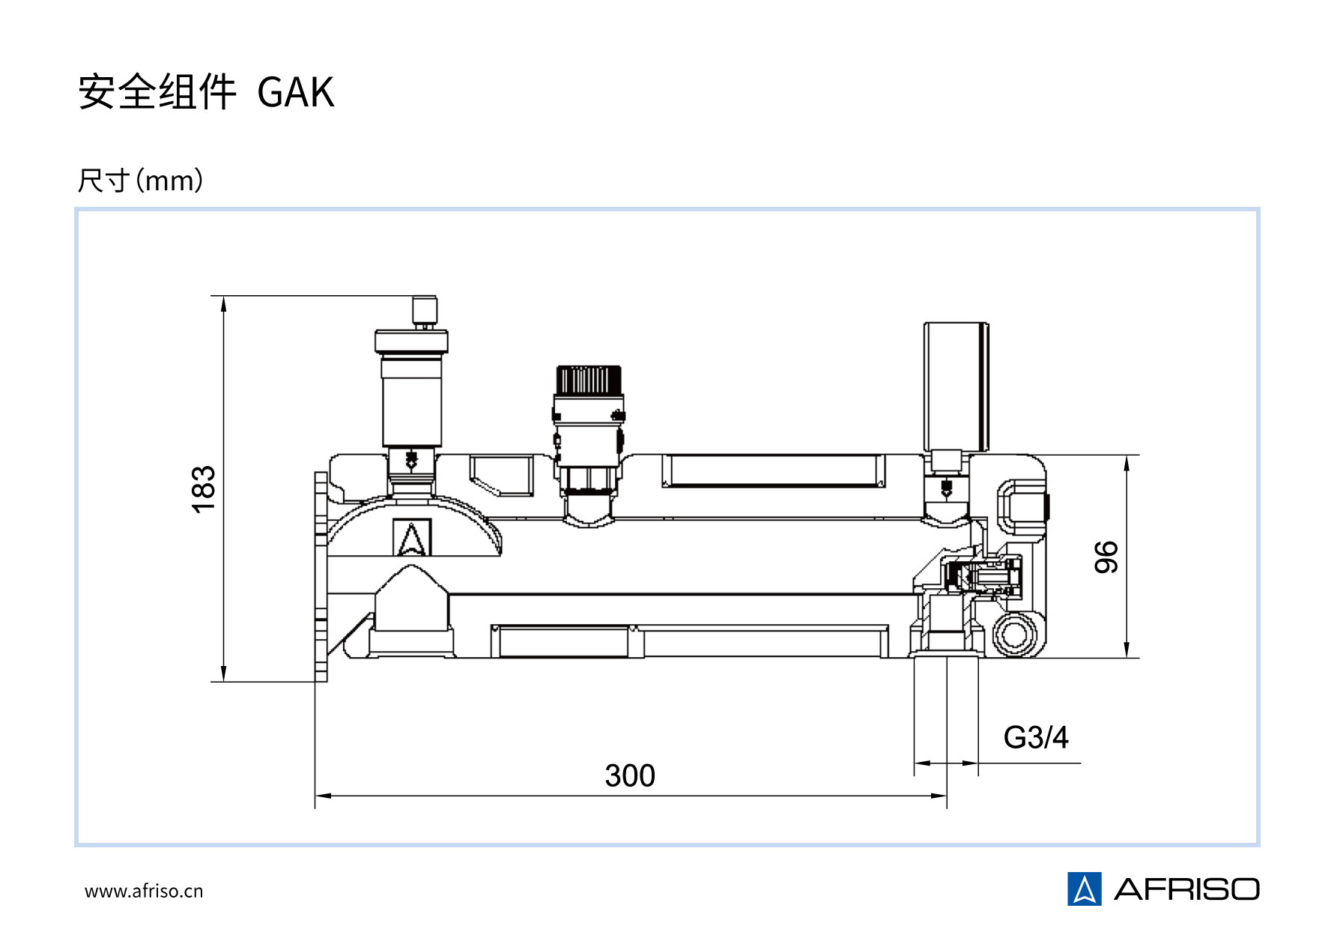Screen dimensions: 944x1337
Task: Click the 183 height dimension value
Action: point(204,489)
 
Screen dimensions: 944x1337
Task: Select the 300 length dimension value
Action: point(630,776)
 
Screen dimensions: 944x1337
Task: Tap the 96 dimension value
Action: point(1106,557)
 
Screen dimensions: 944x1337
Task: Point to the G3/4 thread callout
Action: point(1036,738)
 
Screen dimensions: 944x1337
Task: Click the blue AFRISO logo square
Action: point(1084,889)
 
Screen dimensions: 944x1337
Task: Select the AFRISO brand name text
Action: point(1186,890)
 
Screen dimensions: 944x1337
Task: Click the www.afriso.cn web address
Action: point(144,892)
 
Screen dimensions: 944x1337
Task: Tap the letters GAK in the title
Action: point(296,93)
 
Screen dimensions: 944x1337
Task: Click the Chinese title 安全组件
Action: point(157,93)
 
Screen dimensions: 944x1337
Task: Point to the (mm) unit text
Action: point(170,181)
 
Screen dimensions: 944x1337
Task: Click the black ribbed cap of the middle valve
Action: point(589,380)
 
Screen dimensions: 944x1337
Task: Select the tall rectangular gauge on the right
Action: point(956,387)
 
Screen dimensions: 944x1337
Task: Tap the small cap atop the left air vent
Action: point(425,309)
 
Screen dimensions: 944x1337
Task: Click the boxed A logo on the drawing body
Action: point(412,537)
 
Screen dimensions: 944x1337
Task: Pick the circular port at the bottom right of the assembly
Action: point(1015,635)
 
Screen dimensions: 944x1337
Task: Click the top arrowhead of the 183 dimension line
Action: point(224,302)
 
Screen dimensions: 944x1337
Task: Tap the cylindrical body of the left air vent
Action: point(412,402)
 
